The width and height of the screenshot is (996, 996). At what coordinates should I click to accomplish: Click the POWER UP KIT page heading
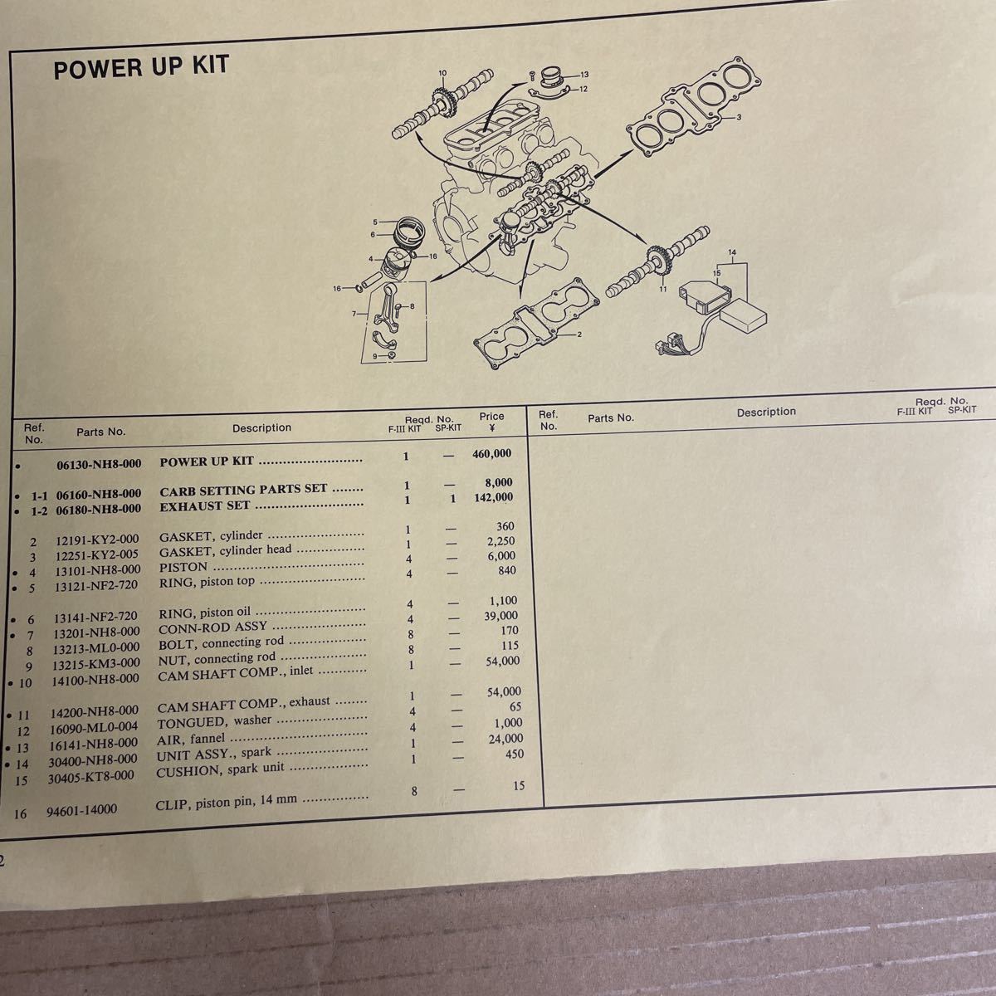[x=140, y=68]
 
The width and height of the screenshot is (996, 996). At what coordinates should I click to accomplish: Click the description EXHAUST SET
[x=205, y=505]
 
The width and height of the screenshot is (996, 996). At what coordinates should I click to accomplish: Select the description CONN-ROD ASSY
[x=212, y=627]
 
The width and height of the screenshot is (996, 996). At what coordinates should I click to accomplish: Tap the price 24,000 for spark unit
[x=505, y=738]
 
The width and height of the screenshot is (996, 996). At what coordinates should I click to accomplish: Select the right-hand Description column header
[x=765, y=412]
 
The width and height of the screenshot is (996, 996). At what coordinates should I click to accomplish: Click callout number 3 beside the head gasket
[x=739, y=120]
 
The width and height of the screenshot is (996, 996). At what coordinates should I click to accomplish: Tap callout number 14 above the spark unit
[x=732, y=251]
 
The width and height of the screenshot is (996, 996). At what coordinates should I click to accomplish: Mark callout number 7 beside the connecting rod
[x=354, y=314]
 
